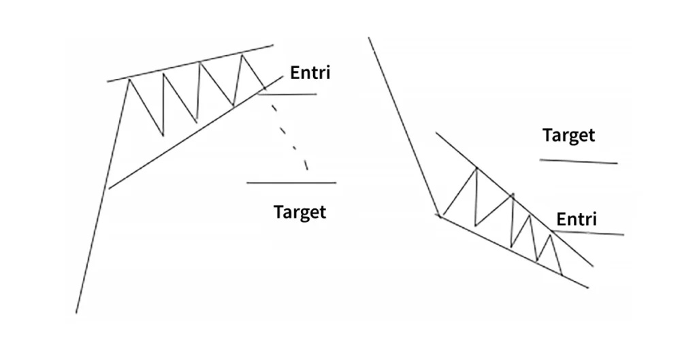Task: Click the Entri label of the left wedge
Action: [310, 72]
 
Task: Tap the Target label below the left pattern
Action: [299, 212]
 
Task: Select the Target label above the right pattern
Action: [568, 135]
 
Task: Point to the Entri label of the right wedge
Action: [576, 219]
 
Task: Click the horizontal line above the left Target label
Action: [291, 182]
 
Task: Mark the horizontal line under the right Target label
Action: [578, 161]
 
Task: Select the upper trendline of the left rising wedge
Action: [191, 64]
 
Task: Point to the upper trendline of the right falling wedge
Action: [517, 197]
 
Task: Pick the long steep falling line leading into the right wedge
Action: [405, 129]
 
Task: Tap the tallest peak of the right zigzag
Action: [476, 167]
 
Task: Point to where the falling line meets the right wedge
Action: [439, 216]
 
